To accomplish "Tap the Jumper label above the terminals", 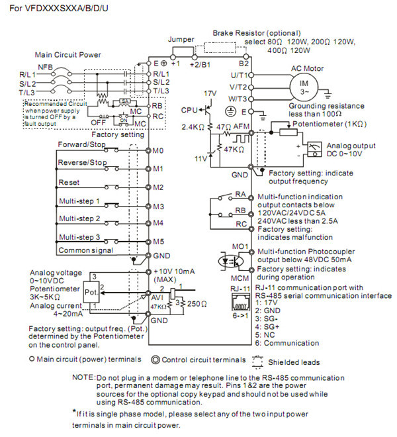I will click(181, 40).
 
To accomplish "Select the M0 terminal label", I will click(158, 150).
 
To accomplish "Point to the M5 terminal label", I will click(158, 242).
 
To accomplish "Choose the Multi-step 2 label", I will click(79, 218).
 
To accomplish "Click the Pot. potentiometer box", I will click(91, 291).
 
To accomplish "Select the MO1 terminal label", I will click(242, 247).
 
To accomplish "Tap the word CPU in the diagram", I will click(190, 108).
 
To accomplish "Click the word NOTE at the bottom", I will click(84, 376).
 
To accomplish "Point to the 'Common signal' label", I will click(85, 250).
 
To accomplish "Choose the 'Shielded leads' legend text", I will click(294, 362).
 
